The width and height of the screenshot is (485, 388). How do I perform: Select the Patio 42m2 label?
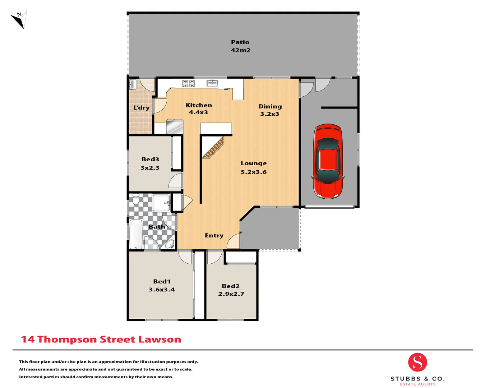240,46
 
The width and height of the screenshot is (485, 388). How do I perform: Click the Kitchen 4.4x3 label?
199,108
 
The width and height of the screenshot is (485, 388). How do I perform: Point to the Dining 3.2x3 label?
270,110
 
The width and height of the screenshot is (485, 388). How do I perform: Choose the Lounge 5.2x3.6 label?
254,167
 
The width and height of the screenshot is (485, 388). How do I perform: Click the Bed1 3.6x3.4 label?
162,285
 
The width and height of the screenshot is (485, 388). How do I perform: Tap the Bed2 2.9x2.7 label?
231,290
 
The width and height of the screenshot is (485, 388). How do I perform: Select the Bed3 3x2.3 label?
150,163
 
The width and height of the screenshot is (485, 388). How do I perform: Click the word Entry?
214,236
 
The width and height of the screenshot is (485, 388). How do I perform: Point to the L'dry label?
142,108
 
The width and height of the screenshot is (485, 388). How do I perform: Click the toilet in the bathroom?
136,199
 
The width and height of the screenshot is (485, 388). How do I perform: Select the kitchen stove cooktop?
189,84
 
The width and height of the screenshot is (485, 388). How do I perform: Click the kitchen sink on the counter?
212,83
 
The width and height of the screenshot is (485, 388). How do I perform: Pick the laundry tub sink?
133,84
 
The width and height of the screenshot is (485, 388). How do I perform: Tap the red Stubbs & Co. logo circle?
417,362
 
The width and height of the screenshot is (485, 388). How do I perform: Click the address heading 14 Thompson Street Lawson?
101,339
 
